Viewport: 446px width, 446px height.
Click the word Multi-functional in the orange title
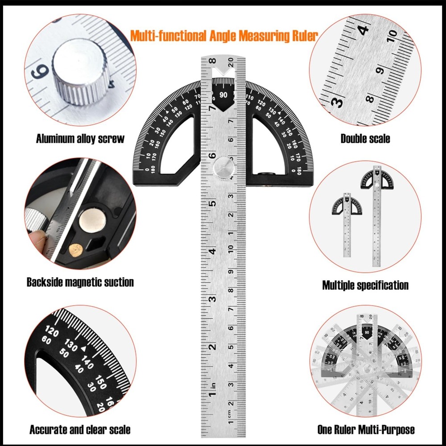168,36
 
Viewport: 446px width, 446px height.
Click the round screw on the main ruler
223,169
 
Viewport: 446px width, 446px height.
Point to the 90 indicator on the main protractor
223,95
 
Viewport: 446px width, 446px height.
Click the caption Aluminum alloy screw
80,138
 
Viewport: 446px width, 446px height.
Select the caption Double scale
365,138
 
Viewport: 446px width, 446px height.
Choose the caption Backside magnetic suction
80,282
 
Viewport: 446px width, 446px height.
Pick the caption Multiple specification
365,285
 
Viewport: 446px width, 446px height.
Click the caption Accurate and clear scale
80,430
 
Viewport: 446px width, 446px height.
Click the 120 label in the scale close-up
53,332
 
